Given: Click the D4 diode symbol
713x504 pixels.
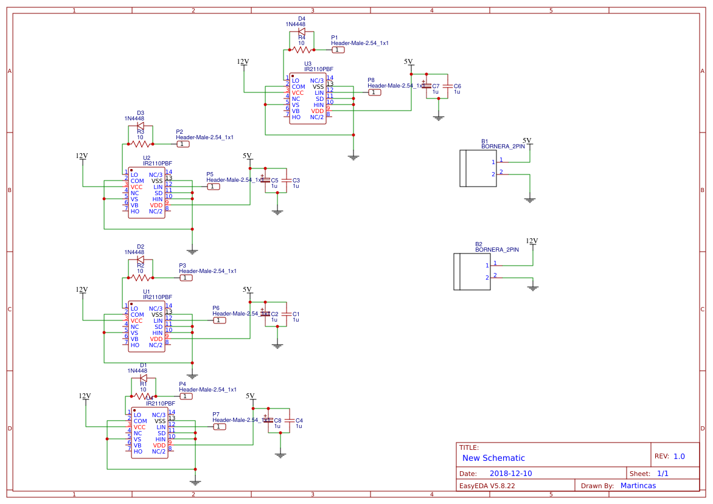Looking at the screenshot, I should (301, 32).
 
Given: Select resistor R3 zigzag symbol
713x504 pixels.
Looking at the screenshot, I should (140, 144).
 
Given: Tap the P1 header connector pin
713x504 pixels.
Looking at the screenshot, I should (338, 50).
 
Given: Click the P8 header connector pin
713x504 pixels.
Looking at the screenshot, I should (375, 92).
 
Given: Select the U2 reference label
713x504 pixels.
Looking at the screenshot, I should (147, 158).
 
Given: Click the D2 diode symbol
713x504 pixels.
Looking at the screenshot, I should (140, 260).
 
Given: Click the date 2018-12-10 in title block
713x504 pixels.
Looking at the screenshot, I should (510, 474).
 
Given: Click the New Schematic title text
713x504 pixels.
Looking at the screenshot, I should (493, 458).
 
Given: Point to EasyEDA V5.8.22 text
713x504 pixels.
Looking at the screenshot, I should (487, 486).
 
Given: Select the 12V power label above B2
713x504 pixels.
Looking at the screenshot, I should (532, 241).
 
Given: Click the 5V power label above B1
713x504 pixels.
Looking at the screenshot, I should (527, 141).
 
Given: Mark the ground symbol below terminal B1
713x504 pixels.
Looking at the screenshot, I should (530, 199).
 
